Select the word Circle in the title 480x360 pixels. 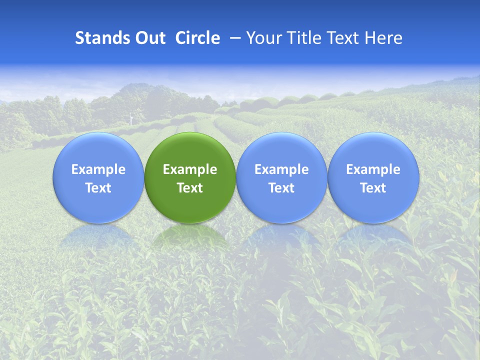[197, 38]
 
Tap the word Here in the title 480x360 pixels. [383, 38]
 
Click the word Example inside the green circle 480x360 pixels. [190, 169]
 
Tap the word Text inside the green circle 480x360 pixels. [190, 188]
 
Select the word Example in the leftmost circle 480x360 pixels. [98, 169]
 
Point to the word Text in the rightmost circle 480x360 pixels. [373, 188]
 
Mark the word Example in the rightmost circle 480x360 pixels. [373, 169]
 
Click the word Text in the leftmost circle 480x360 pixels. [98, 188]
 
